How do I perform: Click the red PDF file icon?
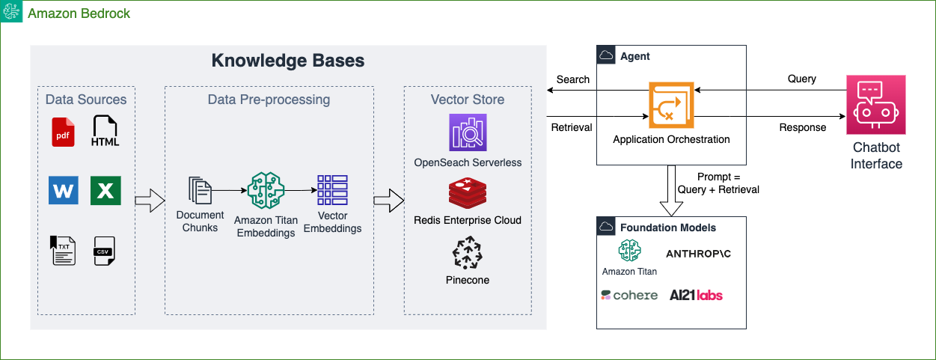click(64, 131)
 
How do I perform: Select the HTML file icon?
click(105, 131)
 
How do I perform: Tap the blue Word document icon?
click(64, 190)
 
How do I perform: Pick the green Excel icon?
click(105, 190)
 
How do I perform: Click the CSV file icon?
click(105, 251)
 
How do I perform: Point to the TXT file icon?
click(64, 251)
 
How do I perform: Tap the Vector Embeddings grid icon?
click(332, 190)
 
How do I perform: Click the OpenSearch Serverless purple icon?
click(468, 132)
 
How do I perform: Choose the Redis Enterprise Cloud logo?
click(468, 194)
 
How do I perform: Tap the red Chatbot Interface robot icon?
click(876, 105)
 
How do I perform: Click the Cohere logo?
click(629, 295)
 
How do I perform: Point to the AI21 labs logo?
click(697, 295)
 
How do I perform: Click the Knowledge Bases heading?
click(288, 61)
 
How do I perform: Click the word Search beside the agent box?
click(573, 79)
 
